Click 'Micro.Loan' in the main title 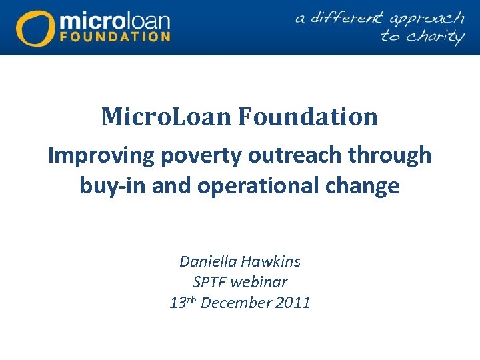(x=167, y=117)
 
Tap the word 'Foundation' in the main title (x=308, y=117)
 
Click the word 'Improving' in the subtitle (x=99, y=155)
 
